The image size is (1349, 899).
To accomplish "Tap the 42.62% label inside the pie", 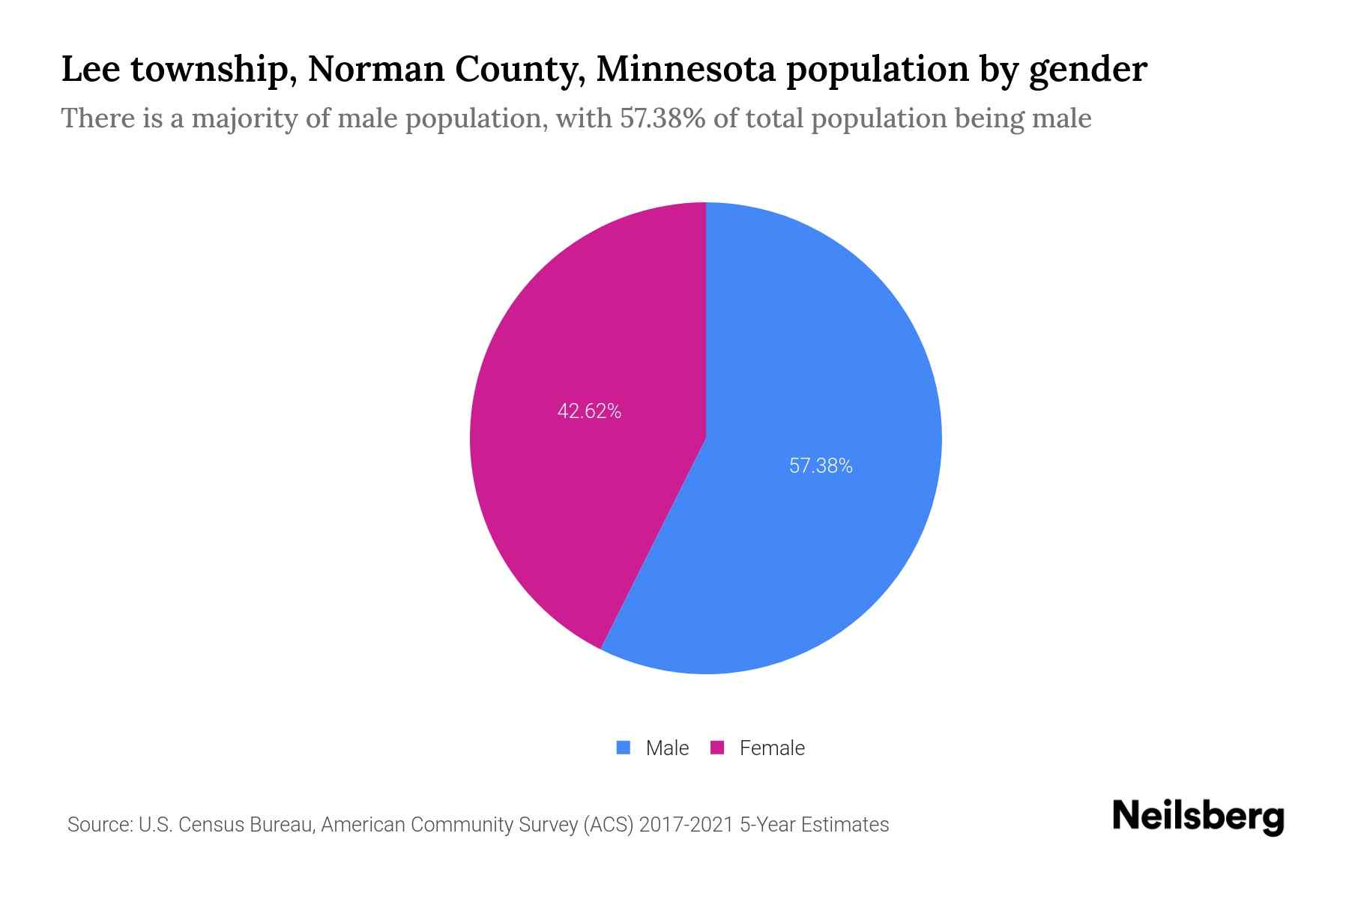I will pyautogui.click(x=589, y=411).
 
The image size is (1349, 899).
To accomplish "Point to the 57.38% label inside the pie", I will pyautogui.click(x=821, y=466).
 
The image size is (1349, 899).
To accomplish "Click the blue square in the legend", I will pyautogui.click(x=623, y=748).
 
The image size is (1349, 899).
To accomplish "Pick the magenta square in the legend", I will pyautogui.click(x=717, y=748).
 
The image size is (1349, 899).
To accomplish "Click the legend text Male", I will pyautogui.click(x=667, y=748).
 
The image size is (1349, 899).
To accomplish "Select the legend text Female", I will pyautogui.click(x=772, y=748).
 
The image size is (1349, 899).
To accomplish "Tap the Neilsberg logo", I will pyautogui.click(x=1198, y=817).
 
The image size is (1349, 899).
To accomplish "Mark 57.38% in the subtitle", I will pyautogui.click(x=663, y=118).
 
